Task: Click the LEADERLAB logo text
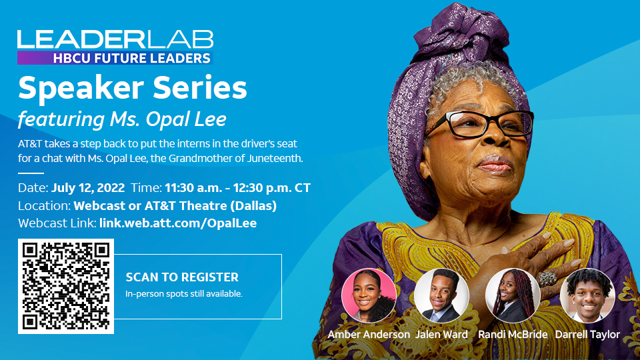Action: [x=115, y=39]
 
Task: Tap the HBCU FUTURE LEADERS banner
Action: [x=115, y=58]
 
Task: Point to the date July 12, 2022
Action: [x=88, y=188]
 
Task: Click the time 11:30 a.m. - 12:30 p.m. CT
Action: [x=237, y=188]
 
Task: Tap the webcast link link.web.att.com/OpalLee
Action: [x=178, y=223]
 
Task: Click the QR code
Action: [x=66, y=286]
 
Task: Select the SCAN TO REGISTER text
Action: [x=182, y=277]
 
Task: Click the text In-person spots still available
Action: [x=184, y=294]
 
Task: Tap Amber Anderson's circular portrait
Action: [x=369, y=295]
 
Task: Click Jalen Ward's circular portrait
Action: [x=441, y=295]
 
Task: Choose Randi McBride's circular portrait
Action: [x=513, y=295]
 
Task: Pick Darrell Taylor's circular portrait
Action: [x=587, y=295]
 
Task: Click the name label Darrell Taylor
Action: [x=587, y=335]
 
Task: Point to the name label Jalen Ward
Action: [x=441, y=335]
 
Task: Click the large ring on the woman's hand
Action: [x=547, y=279]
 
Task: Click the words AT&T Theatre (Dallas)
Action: [x=211, y=206]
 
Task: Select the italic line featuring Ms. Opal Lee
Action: [x=122, y=119]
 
